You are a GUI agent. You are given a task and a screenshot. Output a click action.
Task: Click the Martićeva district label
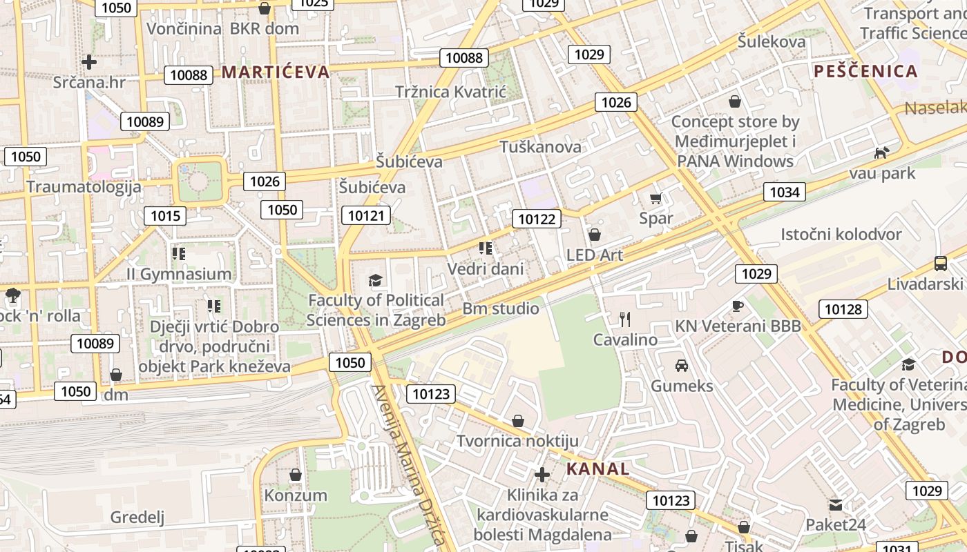coord(276,72)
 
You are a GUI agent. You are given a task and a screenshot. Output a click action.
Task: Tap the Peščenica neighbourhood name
coord(865,71)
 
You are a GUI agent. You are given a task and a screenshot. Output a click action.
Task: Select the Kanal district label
coord(598,469)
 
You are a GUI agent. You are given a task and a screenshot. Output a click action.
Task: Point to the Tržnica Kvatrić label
coord(450,92)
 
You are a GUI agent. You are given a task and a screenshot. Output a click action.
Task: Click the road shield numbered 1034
coord(785,192)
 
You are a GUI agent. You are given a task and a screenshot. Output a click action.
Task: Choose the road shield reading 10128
coord(843,309)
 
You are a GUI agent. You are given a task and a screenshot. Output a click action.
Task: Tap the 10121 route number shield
coord(365,215)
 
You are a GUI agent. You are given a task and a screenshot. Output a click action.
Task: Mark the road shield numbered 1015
coord(165,216)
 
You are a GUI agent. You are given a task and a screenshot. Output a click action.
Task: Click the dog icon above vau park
coord(881,152)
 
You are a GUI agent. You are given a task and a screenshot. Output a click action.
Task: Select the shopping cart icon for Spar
coord(655,199)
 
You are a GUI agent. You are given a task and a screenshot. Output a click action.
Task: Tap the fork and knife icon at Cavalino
coord(625,319)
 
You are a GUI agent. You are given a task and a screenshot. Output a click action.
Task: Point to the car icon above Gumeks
coord(682,365)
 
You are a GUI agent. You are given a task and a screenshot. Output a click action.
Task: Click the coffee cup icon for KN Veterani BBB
coord(738,306)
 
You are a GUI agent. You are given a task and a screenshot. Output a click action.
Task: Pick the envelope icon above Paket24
coord(836,505)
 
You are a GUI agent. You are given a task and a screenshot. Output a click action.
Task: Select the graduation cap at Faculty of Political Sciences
coord(375,280)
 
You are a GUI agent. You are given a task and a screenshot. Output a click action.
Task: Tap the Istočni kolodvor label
coord(841,235)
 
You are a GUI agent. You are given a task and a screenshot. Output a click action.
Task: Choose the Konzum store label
coord(296,495)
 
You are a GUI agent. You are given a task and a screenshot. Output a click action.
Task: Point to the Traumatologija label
coord(84,187)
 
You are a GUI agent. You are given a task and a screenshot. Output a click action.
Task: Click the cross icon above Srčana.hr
coord(89,62)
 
